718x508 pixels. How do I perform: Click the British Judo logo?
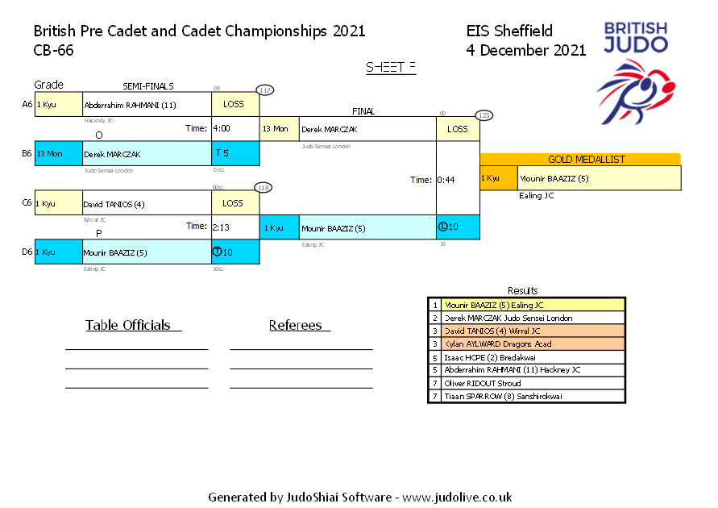click(x=635, y=72)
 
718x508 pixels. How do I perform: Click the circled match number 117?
click(x=265, y=90)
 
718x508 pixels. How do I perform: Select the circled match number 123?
click(x=484, y=115)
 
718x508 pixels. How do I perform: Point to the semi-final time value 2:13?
click(x=221, y=227)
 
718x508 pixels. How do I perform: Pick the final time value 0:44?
click(x=446, y=180)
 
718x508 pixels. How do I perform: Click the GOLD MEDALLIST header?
click(x=580, y=160)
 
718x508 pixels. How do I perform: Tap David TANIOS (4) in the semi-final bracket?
click(x=114, y=204)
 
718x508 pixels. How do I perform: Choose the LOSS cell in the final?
click(x=457, y=129)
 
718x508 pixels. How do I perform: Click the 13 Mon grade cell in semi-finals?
click(x=58, y=153)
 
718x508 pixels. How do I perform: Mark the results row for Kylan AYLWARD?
click(x=526, y=344)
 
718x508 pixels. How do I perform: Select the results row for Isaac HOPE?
click(x=526, y=357)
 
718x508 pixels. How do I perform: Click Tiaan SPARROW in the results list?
click(x=526, y=396)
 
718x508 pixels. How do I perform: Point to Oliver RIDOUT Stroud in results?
click(x=526, y=383)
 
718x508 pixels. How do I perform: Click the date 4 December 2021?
click(x=526, y=50)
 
